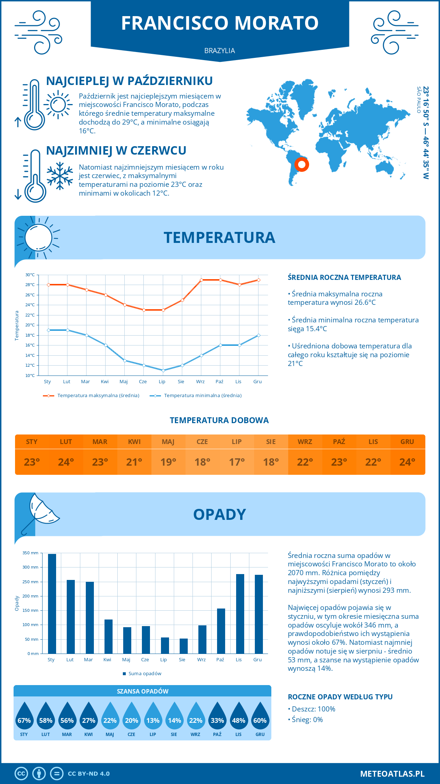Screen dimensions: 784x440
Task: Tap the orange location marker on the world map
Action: coord(301,164)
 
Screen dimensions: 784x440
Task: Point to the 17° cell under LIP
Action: coord(236,462)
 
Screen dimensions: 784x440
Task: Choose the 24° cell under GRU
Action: coord(407,462)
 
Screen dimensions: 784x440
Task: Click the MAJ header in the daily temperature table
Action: coord(168,442)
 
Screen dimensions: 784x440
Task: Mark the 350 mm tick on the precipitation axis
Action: coord(30,553)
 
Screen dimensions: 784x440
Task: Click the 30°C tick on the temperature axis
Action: coord(30,275)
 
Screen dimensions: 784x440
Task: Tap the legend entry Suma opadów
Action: coord(145,674)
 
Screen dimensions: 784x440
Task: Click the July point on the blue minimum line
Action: coord(163,370)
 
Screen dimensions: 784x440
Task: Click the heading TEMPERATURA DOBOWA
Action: coord(219,420)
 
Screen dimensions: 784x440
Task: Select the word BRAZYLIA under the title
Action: coord(220,51)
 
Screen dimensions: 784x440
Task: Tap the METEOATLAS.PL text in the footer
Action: coord(392,773)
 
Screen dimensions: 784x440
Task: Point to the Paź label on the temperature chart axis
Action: coord(219,382)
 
